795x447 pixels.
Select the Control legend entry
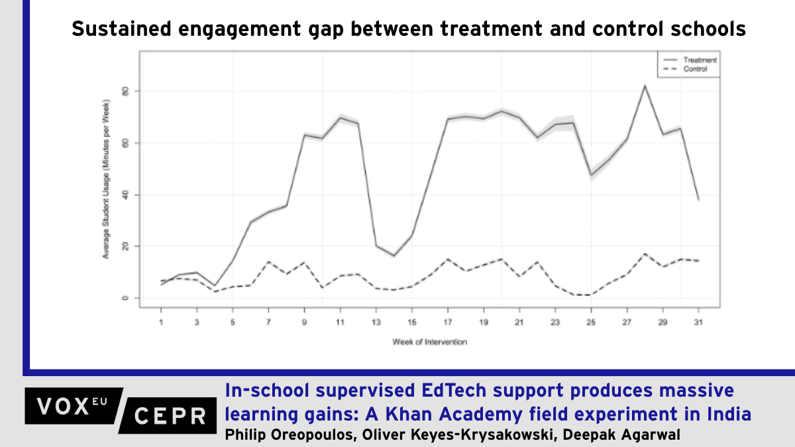(x=694, y=68)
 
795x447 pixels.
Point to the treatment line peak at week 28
(x=645, y=85)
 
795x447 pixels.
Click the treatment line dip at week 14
(x=394, y=256)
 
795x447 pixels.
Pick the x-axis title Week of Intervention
(x=429, y=342)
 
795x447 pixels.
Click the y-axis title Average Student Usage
(x=106, y=179)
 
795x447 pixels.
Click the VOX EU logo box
(x=73, y=405)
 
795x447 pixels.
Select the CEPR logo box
(x=169, y=416)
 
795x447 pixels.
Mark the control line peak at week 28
(x=645, y=254)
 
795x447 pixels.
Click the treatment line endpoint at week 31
(x=698, y=199)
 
